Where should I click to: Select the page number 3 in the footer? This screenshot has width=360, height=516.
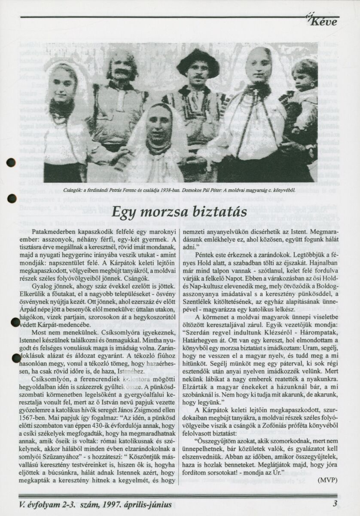[334, 504]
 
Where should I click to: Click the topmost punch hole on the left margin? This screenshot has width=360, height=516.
[11, 163]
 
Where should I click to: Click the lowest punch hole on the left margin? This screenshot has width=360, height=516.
[16, 358]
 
